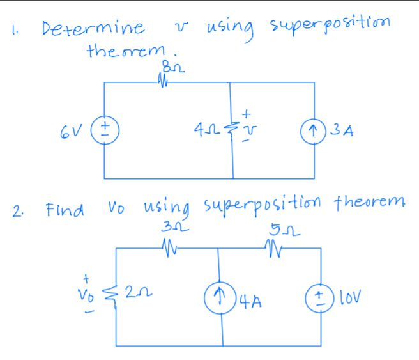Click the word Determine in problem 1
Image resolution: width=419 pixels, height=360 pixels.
click(93, 29)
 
